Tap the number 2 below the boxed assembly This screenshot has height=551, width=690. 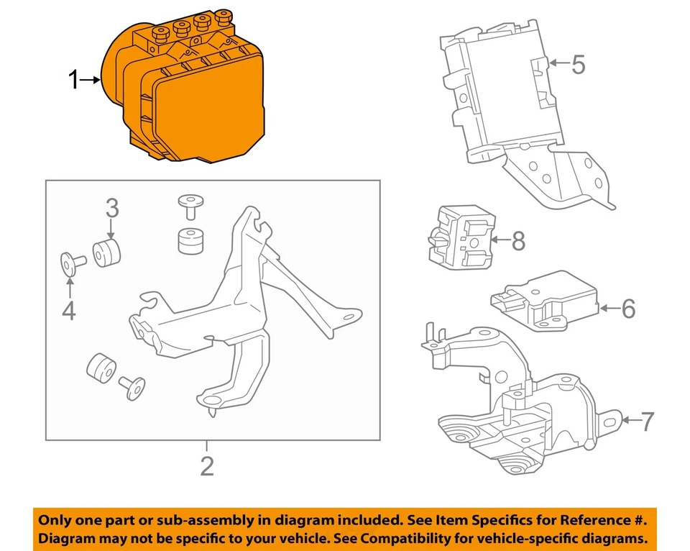tap(207, 466)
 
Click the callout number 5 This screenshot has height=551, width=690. tap(578, 65)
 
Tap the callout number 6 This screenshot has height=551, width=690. tap(628, 309)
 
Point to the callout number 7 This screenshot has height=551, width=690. tap(647, 421)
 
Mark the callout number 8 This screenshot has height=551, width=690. tap(517, 242)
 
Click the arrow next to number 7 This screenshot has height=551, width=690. tap(628, 420)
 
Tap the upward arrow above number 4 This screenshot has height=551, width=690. tap(70, 288)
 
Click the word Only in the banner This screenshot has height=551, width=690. tap(56, 519)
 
